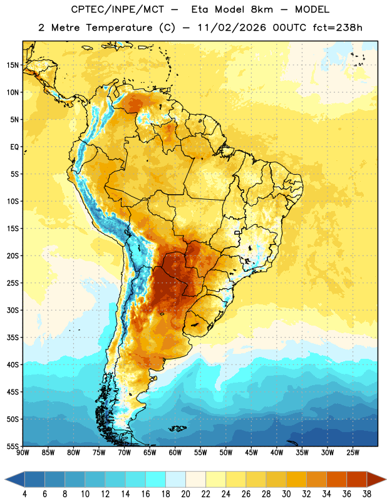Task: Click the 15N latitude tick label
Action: [13, 65]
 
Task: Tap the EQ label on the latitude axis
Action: [14, 147]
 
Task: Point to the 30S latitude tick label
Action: [13, 310]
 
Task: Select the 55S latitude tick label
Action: [13, 446]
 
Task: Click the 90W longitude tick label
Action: [23, 453]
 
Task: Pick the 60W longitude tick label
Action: [175, 453]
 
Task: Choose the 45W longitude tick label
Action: [251, 453]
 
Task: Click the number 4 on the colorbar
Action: [24, 494]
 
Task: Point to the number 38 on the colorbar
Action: [366, 494]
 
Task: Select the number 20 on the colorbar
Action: [185, 494]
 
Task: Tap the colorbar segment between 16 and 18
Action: [156, 479]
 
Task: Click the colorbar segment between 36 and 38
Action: [357, 479]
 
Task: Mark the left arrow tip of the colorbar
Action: [5, 479]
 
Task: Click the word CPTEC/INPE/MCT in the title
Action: [118, 9]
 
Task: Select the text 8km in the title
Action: [262, 9]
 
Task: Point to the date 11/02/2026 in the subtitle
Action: [232, 28]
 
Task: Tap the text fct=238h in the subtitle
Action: [338, 28]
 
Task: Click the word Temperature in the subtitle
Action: [119, 28]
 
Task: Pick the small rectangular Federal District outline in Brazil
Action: [237, 232]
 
